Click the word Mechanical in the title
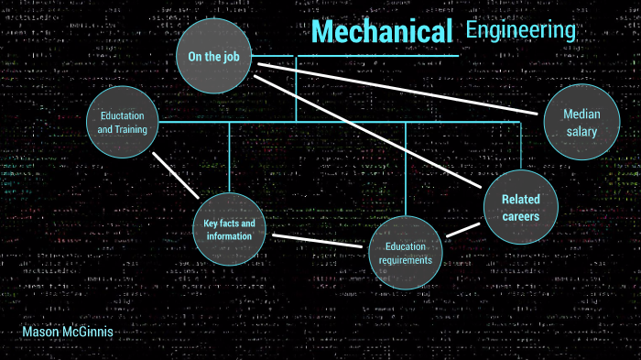(x=383, y=33)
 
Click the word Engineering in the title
(x=520, y=30)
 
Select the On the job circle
(x=213, y=56)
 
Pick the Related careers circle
(x=520, y=208)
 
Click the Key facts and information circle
(x=229, y=229)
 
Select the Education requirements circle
(x=407, y=252)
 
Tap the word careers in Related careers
(x=520, y=217)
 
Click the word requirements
(x=407, y=260)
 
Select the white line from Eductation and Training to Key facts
(x=176, y=174)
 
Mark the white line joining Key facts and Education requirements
(x=317, y=241)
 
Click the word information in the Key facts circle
(x=229, y=236)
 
